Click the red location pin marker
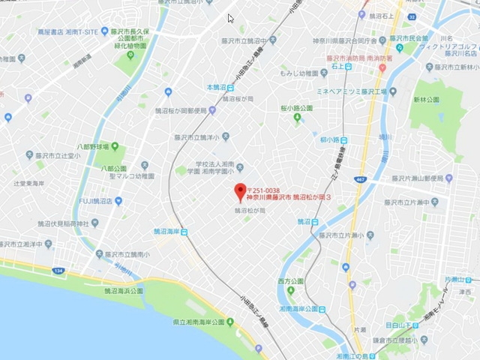240,193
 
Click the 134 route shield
58,269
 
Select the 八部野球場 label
91,147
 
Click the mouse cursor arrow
231,18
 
